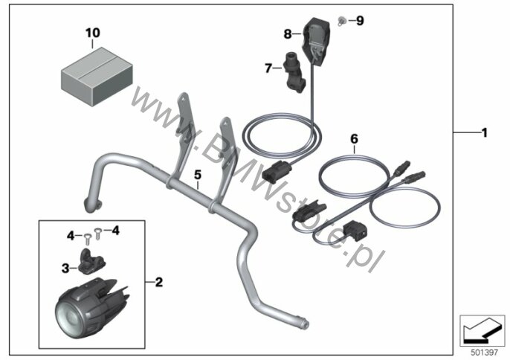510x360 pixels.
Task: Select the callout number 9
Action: click(x=360, y=21)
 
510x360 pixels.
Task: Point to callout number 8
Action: click(x=288, y=33)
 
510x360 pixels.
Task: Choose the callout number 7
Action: click(x=269, y=68)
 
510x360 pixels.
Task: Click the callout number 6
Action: click(x=354, y=138)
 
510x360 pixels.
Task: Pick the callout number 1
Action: click(x=484, y=133)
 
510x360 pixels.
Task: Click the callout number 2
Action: click(x=158, y=282)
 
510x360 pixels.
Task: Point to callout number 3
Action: click(x=65, y=266)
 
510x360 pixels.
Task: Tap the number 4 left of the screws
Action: click(x=70, y=235)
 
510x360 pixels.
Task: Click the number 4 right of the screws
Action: click(x=115, y=230)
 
